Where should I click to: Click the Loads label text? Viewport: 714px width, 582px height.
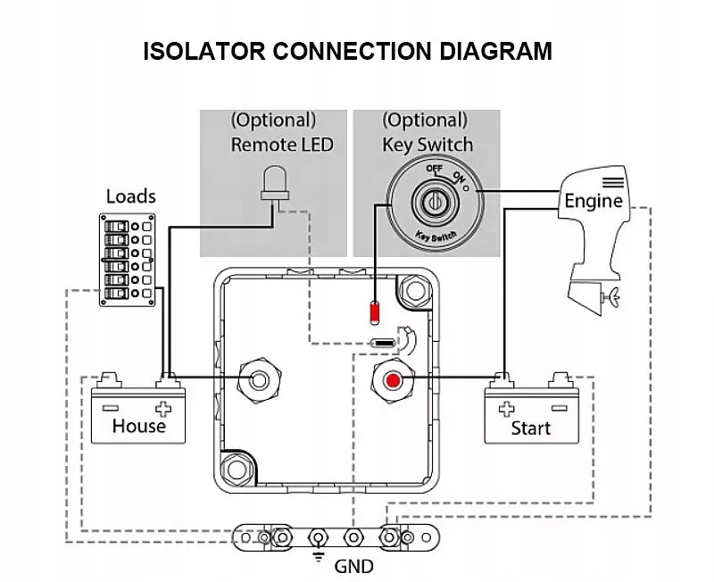pos(130,195)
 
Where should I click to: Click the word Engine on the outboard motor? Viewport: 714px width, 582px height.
pos(593,201)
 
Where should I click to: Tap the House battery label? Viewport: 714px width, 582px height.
pos(139,426)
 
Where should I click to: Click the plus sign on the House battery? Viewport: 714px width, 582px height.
pos(162,409)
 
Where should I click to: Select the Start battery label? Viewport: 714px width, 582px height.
pos(530,428)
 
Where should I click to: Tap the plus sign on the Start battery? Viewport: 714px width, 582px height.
pos(506,409)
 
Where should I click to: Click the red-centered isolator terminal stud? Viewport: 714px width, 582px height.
pos(392,381)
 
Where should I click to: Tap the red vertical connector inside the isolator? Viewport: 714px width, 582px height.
pos(375,313)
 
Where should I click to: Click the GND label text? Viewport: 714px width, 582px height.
pos(353,566)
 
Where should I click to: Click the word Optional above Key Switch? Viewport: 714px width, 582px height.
pos(425,121)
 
